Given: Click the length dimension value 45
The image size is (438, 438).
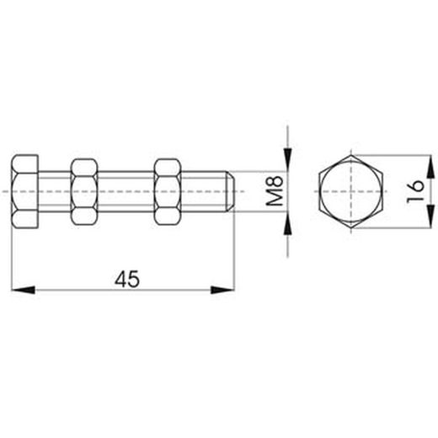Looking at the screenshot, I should pyautogui.click(x=128, y=278).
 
